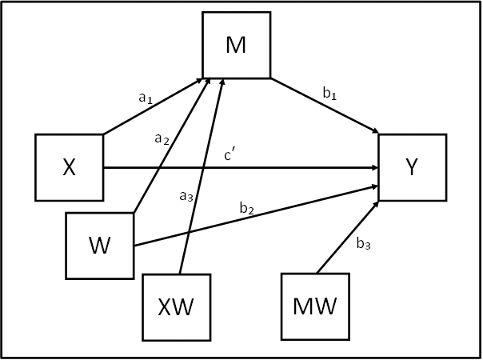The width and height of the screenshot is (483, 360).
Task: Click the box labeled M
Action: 236,45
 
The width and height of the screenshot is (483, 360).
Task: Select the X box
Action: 70,166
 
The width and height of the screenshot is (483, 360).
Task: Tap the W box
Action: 99,245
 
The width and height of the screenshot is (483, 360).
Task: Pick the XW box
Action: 177,306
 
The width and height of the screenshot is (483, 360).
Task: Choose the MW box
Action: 314,306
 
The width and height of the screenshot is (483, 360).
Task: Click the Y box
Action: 412,166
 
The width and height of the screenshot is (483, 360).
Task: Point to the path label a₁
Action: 145,98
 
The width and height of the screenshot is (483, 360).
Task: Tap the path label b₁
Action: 329,94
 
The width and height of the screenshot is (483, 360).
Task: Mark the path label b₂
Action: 246,210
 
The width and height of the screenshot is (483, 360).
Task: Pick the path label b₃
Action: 362,245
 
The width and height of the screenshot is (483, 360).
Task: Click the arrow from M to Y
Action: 324,106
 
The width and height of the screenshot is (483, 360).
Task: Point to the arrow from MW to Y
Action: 349,237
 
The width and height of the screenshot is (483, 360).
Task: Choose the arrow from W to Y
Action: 256,215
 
